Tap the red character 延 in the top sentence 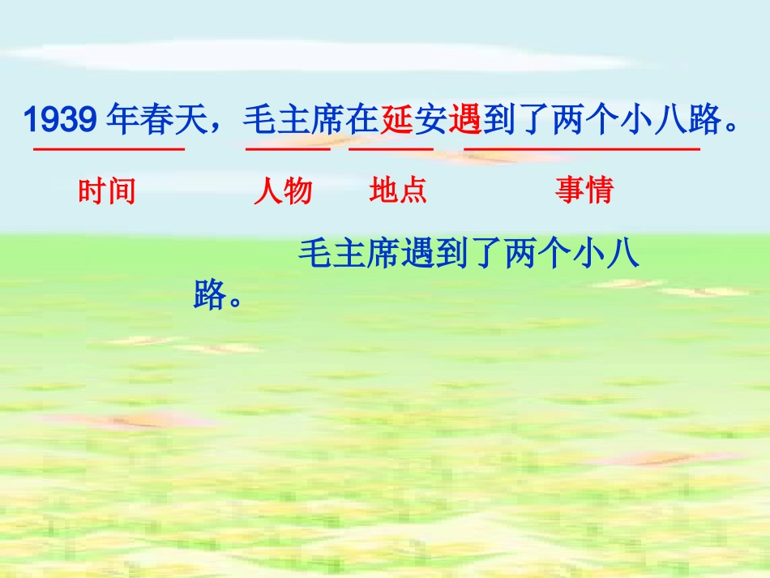(396, 121)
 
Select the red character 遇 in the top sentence (464, 121)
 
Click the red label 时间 (107, 191)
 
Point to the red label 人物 (283, 191)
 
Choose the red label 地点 (398, 191)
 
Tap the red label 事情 (584, 191)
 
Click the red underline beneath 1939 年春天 (109, 149)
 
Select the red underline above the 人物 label (288, 149)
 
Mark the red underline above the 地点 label (391, 149)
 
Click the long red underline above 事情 (581, 149)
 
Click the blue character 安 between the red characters (430, 121)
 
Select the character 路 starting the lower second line (209, 295)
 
